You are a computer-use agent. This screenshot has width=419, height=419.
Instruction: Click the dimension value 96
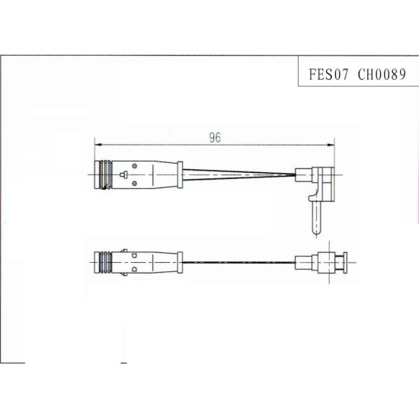tap(215, 138)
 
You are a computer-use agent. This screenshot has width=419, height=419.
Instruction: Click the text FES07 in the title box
tap(328, 75)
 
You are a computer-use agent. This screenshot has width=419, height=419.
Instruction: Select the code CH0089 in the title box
tap(382, 75)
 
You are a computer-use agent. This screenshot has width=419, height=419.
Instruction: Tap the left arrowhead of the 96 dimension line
tap(98, 145)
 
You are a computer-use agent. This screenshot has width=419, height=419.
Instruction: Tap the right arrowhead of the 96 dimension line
tap(331, 145)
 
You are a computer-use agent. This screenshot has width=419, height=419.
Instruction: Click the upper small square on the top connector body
tap(135, 166)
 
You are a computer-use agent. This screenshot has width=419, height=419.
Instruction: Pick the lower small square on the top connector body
tap(135, 183)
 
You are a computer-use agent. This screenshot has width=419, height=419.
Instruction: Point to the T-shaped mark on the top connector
tap(123, 174)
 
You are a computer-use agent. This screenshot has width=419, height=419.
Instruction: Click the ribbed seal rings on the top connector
tap(106, 174)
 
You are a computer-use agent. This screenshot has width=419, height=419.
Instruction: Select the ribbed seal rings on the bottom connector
tap(105, 262)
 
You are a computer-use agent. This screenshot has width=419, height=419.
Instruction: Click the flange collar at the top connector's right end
tap(180, 174)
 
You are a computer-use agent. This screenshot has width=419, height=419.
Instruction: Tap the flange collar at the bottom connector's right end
tap(180, 262)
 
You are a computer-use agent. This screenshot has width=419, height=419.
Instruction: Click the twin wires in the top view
tap(238, 174)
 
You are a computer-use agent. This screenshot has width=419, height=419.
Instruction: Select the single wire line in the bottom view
tap(238, 262)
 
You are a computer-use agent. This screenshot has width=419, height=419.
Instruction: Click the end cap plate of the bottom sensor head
tap(345, 262)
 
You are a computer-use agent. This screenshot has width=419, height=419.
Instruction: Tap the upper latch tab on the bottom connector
tap(123, 251)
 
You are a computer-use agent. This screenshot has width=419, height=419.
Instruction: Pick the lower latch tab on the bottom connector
tap(123, 274)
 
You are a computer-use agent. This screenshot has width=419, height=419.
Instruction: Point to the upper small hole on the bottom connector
tap(134, 256)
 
